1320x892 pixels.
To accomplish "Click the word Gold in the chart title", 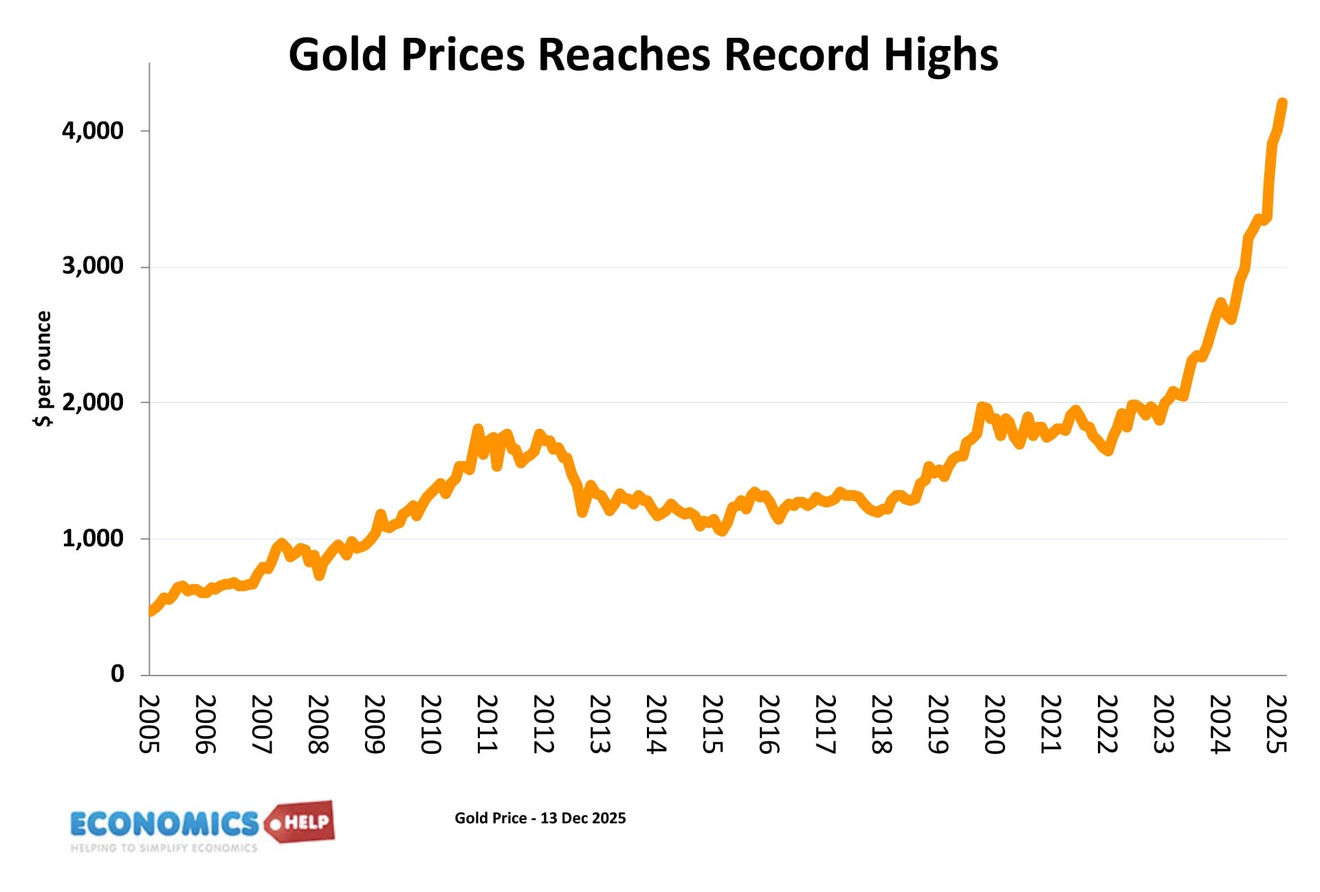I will pos(338,55).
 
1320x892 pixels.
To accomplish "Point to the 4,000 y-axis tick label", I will pos(93,131).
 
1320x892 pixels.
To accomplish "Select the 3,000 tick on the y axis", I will pos(93,266).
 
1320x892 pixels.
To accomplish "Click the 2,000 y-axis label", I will pos(93,402).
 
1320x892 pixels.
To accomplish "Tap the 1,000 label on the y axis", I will pos(93,538).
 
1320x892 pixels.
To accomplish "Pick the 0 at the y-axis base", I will pos(118,673).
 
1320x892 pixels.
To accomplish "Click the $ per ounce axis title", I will pos(43,368).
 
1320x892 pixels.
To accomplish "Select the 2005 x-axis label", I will pos(150,724).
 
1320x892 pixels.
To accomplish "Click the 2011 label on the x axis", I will pos(487,724).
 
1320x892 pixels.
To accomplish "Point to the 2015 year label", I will pos(713,724).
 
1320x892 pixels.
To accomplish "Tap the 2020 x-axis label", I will pos(995,724).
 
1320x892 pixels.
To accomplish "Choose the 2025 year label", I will pos(1277,724).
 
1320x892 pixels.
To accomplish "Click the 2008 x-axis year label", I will pos(318,724).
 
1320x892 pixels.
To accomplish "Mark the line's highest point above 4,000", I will pos(1282,103).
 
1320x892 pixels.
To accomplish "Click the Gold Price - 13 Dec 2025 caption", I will pos(540,818).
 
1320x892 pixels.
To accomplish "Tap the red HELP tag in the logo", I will pos(303,822).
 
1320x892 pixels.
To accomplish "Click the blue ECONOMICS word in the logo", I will pos(164,823).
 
